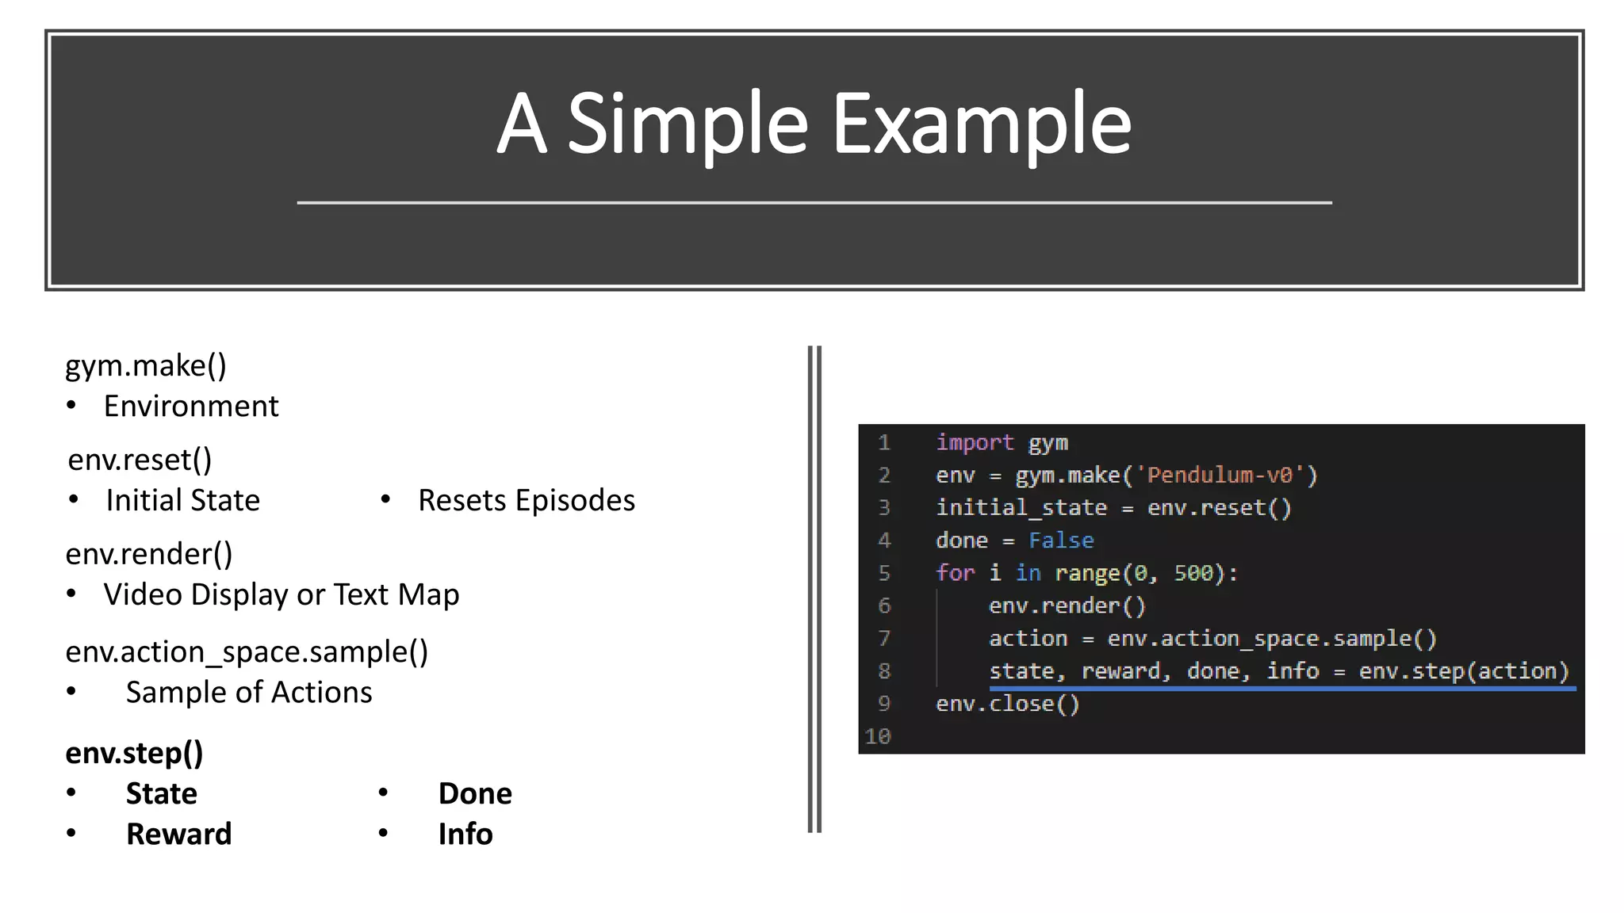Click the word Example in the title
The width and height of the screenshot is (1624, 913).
coord(981,124)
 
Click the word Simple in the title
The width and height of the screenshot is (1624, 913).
coord(688,124)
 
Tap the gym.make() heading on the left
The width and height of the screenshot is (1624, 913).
coord(146,365)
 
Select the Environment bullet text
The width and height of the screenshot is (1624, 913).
coord(191,407)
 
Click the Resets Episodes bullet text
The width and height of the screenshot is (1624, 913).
coord(527,501)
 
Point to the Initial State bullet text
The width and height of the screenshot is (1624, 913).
coord(183,501)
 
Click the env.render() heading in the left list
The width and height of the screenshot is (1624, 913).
coord(149,554)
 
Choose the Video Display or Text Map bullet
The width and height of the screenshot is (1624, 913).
coord(282,595)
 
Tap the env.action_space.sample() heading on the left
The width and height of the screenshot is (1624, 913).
coord(247,652)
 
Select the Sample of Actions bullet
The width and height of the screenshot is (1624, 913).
coord(249,693)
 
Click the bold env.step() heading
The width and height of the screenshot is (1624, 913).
coord(134,753)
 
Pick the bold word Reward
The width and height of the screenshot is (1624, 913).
coord(179,835)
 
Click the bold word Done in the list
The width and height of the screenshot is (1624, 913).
coord(475,794)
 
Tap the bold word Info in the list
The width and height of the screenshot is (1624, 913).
coord(465,835)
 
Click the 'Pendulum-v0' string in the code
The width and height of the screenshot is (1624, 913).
coord(1220,476)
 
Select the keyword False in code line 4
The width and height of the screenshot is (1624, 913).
coord(1061,541)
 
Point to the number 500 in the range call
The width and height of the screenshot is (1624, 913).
coord(1193,573)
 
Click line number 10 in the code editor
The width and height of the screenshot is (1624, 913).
coord(878,737)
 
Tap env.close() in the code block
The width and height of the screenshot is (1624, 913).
coord(1008,704)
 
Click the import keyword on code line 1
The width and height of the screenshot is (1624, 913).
coord(975,442)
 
